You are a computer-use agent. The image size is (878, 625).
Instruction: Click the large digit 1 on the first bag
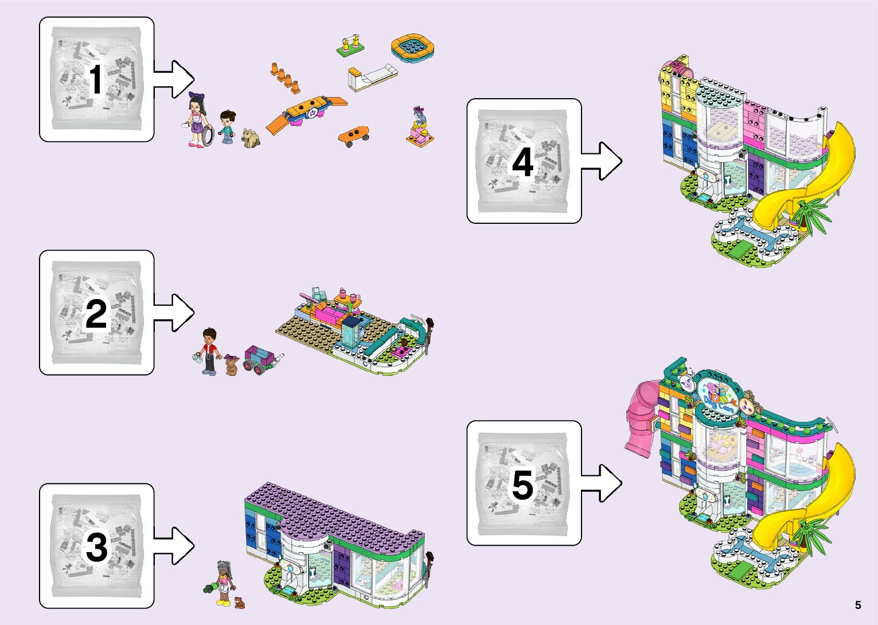click(95, 79)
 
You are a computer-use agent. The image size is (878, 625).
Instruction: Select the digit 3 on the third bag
click(96, 547)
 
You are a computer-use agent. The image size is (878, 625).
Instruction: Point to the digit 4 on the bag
click(522, 162)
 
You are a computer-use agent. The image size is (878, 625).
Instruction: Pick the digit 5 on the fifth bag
click(522, 484)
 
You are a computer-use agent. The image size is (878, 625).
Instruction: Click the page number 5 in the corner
click(858, 605)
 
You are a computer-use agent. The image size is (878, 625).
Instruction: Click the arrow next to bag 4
click(602, 161)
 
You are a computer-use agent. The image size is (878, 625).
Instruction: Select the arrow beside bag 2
click(175, 313)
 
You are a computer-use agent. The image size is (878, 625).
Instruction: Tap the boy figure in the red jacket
click(210, 350)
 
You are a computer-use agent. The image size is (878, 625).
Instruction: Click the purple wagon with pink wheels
click(259, 359)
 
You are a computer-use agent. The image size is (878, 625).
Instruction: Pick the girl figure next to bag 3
click(224, 583)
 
